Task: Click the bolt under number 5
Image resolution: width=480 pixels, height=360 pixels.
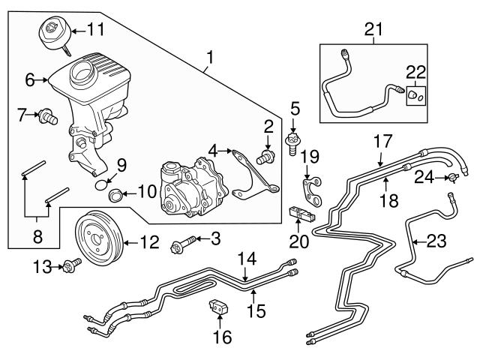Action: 293,140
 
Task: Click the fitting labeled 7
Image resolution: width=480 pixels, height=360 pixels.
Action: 51,115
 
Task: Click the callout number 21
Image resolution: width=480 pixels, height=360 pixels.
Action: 373,29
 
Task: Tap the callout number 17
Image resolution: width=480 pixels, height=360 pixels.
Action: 382,139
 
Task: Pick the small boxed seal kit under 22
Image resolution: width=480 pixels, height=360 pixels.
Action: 416,96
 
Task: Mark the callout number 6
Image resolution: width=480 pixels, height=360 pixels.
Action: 30,78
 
